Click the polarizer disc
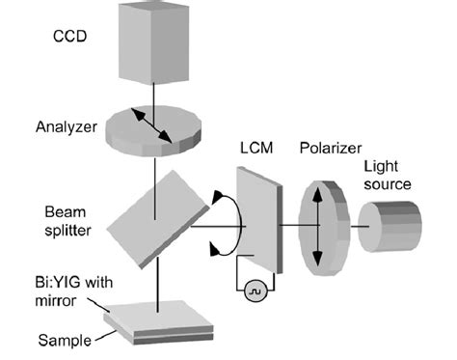click(321, 228)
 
